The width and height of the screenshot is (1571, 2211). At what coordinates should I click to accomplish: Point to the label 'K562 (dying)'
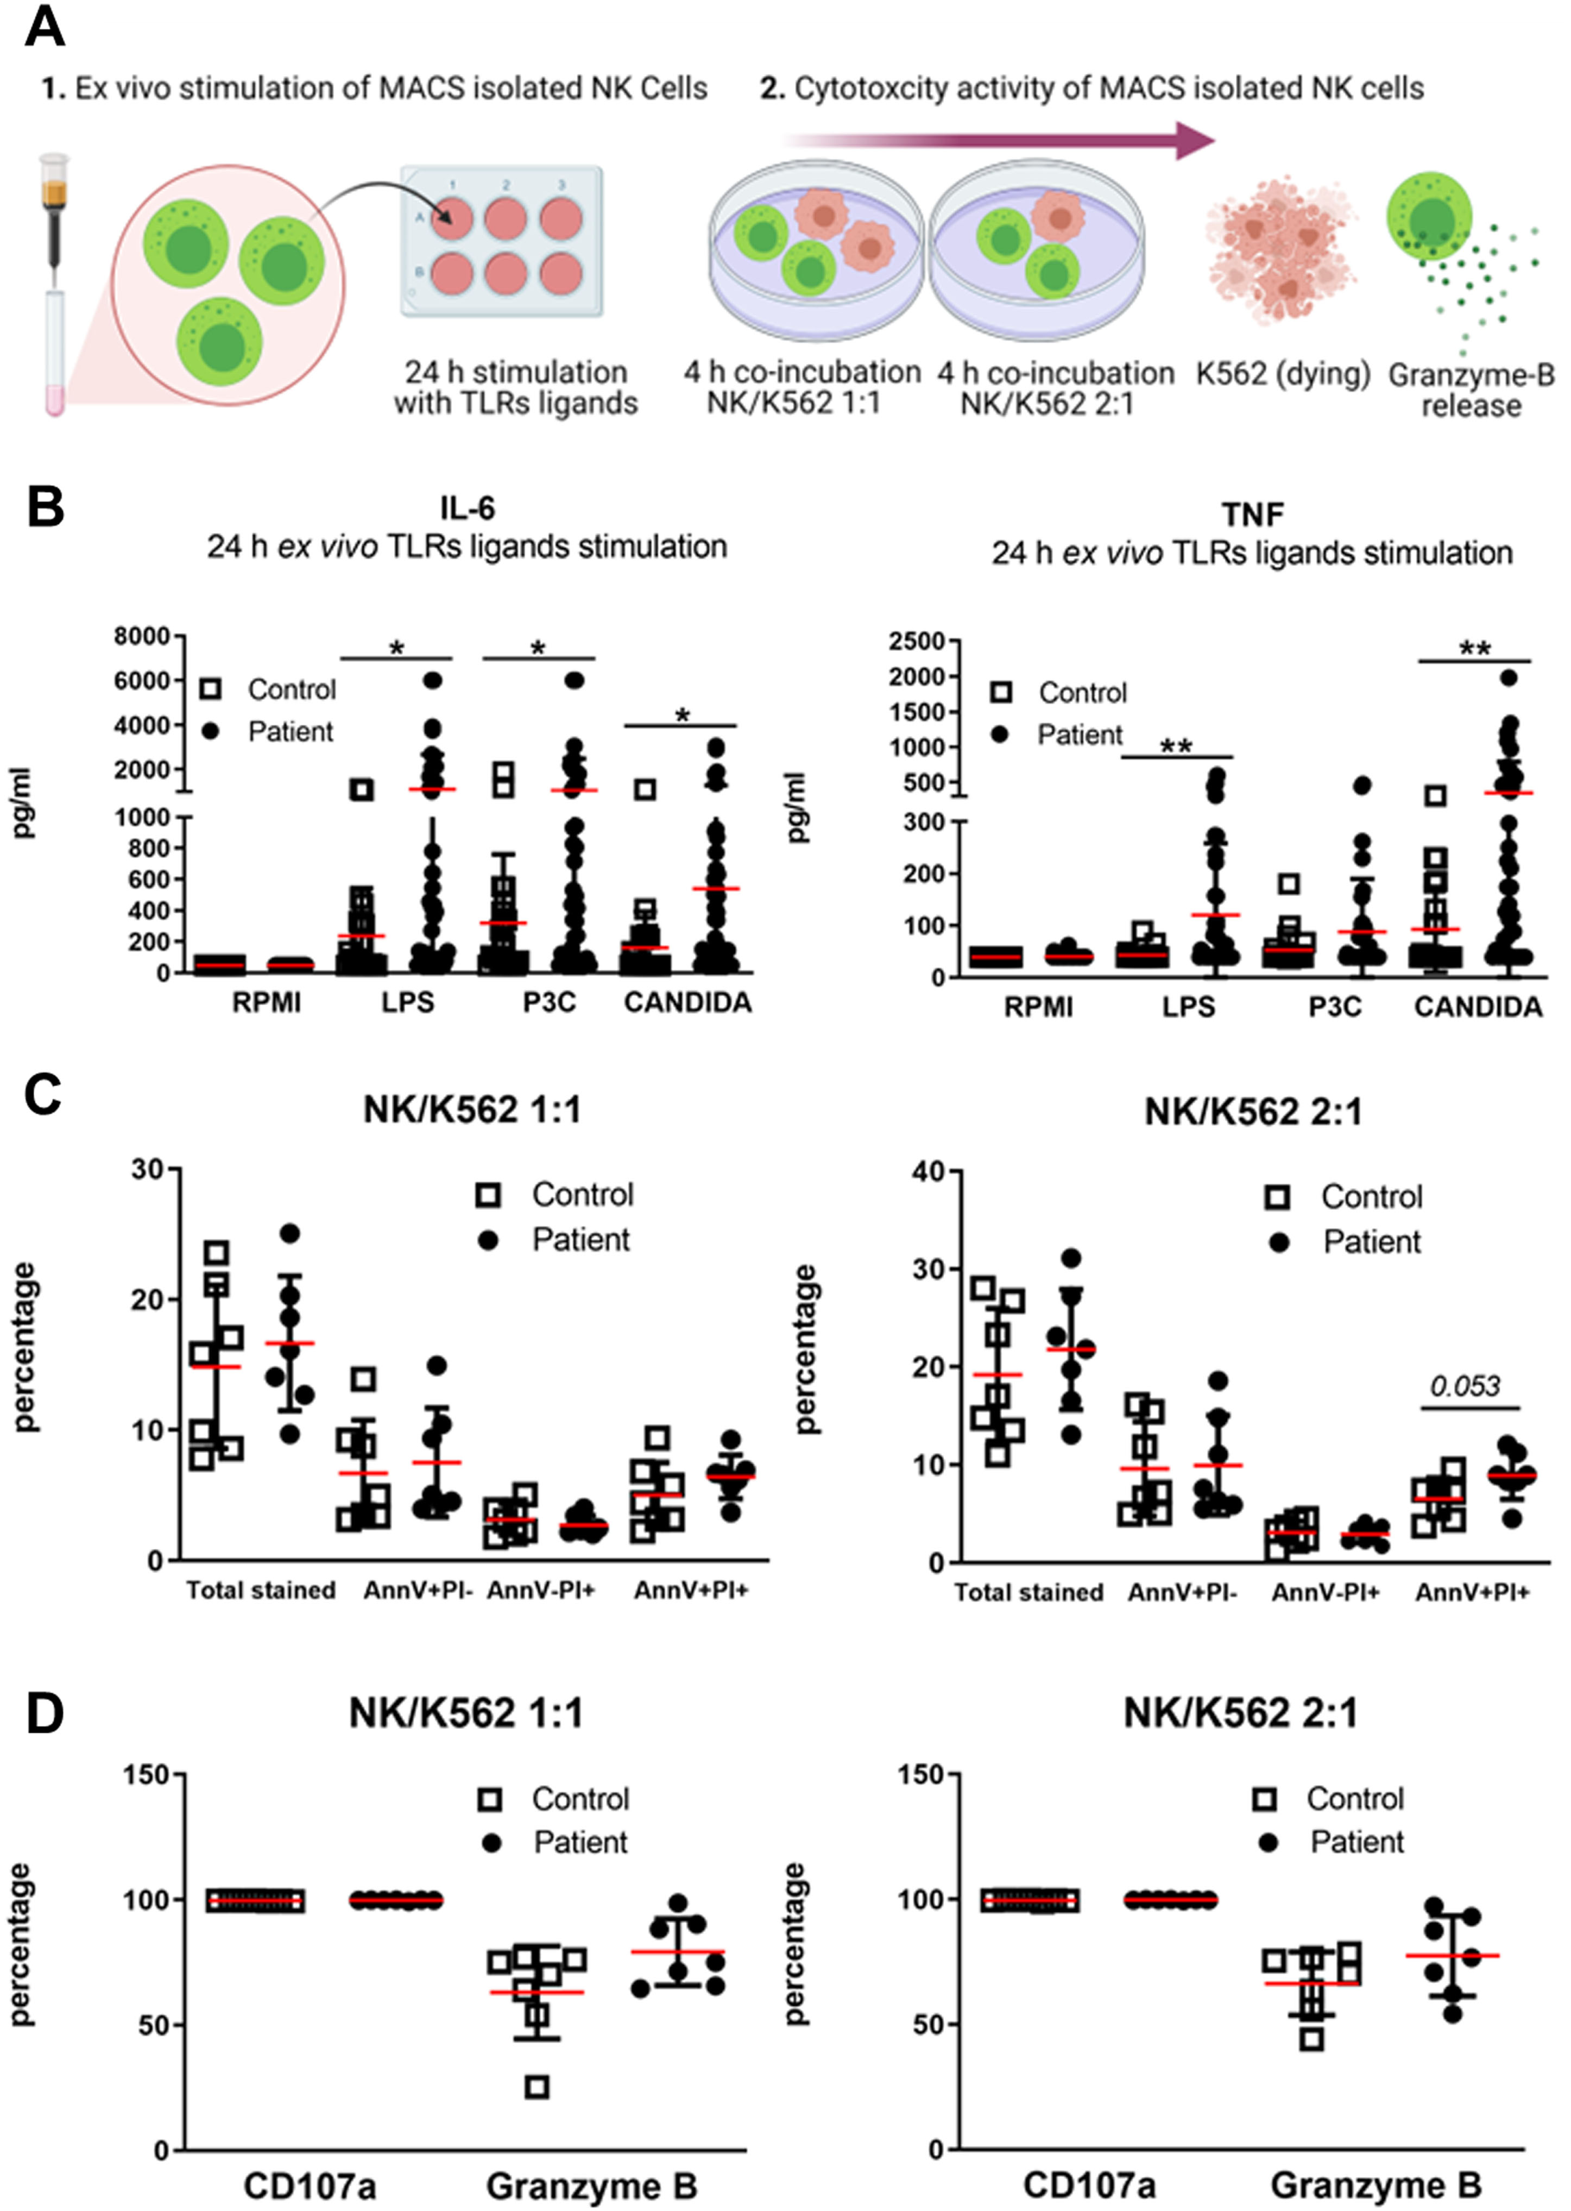(1283, 374)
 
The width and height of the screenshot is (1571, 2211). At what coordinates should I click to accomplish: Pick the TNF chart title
(1253, 515)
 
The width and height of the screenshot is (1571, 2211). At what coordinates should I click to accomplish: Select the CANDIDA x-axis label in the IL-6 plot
(688, 1002)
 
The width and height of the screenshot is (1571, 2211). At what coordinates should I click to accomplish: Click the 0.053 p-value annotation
(1465, 1386)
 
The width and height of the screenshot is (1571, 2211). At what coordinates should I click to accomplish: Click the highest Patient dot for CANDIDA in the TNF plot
(1508, 677)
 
